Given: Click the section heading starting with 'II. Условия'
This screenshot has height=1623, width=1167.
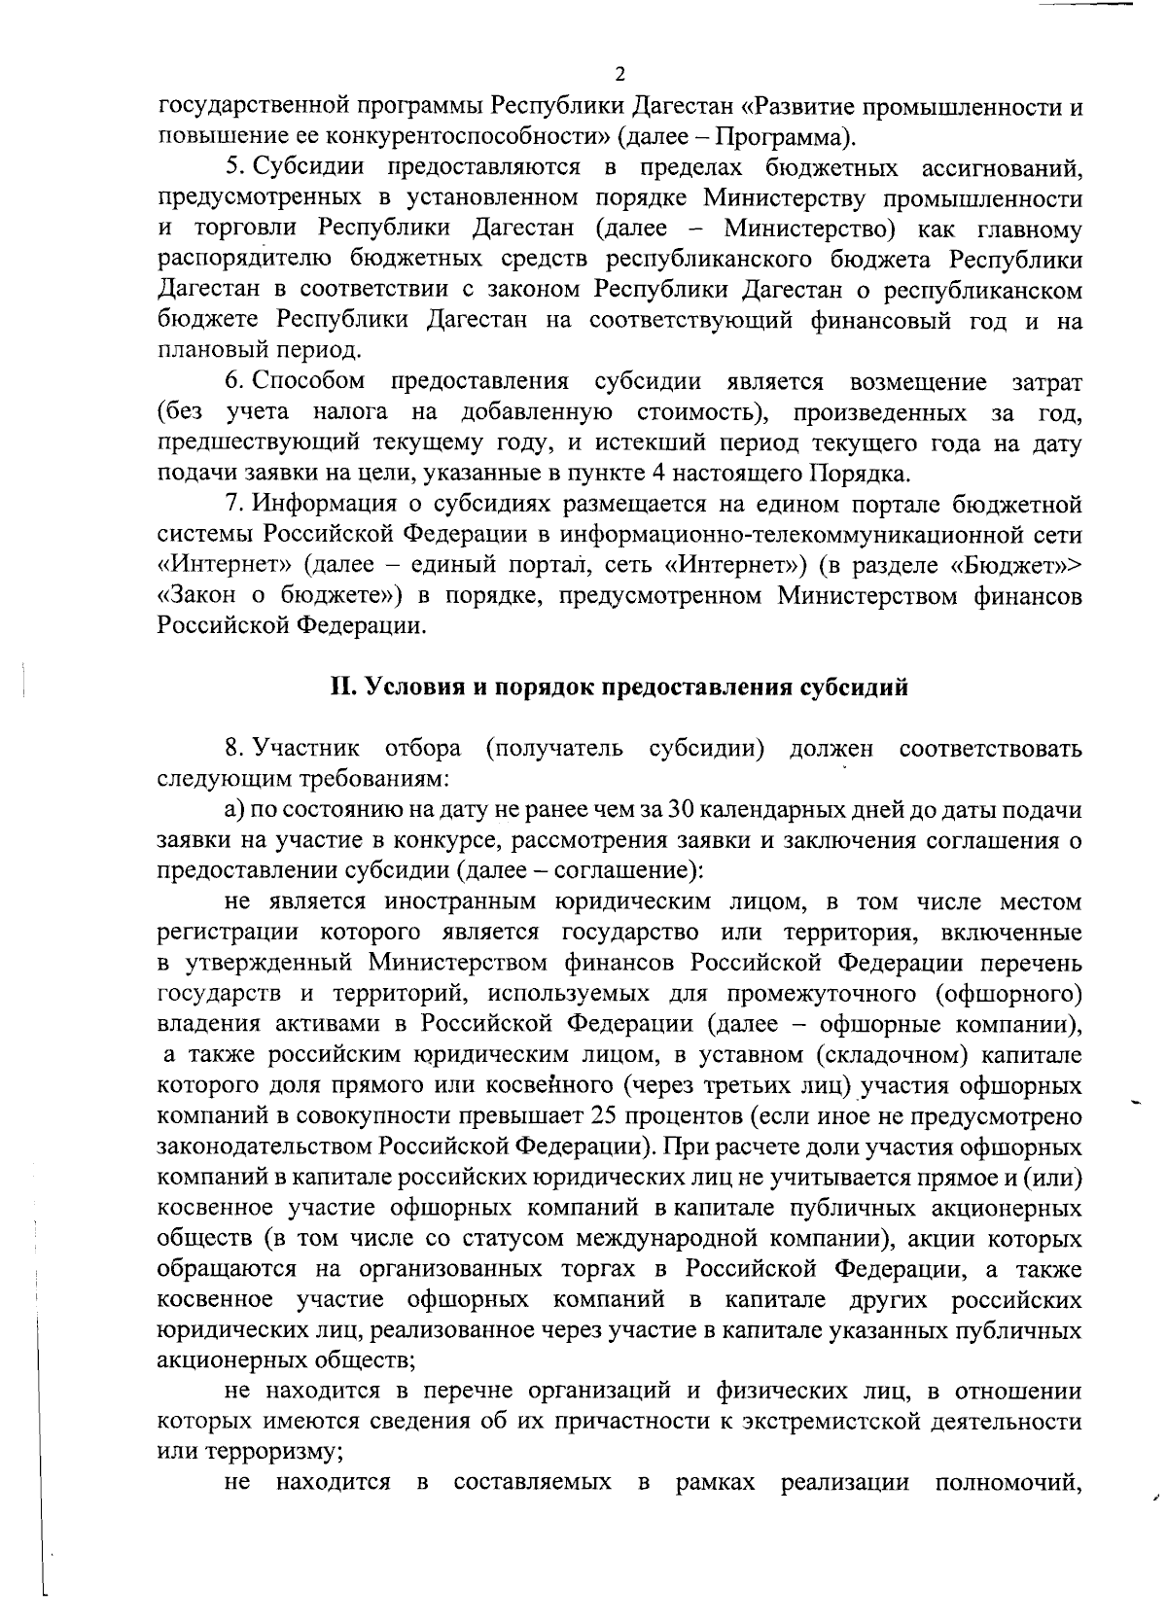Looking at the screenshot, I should pyautogui.click(x=619, y=688).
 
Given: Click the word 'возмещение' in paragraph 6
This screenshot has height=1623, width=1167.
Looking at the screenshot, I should pyautogui.click(x=917, y=381).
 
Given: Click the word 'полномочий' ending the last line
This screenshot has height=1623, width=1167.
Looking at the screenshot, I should pyautogui.click(x=1008, y=1484).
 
